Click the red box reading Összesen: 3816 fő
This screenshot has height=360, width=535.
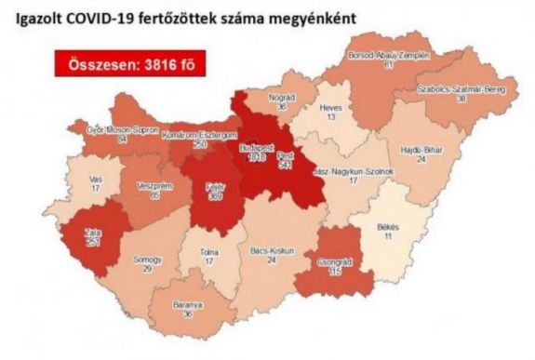(x=129, y=66)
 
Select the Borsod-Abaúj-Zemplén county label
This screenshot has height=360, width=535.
(x=389, y=56)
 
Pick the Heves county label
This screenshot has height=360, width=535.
(x=329, y=108)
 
